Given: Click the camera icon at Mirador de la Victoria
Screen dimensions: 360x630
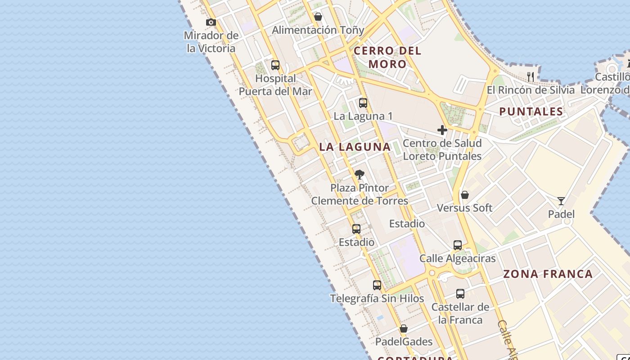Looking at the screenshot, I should click(x=211, y=22).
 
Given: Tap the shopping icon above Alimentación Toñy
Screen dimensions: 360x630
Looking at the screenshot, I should click(x=318, y=17).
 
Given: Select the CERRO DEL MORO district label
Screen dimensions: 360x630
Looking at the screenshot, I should click(x=387, y=57).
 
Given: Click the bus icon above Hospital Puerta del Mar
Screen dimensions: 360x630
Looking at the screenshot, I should click(x=275, y=65).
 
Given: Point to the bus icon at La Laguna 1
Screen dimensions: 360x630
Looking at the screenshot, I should click(x=363, y=103).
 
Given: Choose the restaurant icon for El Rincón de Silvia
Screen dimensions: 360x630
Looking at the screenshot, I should click(x=531, y=77).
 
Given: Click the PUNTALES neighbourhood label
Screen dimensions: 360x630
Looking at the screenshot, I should click(x=531, y=112).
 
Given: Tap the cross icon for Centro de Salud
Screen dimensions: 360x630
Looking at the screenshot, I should click(x=442, y=130).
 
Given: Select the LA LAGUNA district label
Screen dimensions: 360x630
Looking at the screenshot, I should click(x=355, y=147).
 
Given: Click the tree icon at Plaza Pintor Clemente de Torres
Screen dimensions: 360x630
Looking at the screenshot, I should click(x=359, y=175).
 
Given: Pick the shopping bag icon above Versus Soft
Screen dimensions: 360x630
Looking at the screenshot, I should click(x=465, y=195).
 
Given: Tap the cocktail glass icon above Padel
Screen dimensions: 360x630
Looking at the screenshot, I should click(x=561, y=201).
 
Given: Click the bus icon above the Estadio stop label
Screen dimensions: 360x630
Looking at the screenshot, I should click(x=356, y=229).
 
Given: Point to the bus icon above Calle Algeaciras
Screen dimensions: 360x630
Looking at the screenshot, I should click(x=458, y=245).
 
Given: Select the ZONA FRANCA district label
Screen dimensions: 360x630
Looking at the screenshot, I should click(x=548, y=274).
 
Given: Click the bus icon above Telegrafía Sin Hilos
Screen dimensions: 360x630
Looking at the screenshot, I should click(x=377, y=285).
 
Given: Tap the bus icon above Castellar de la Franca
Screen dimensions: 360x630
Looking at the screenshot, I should click(x=460, y=294).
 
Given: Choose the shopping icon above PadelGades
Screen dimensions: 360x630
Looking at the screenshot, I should click(x=404, y=328).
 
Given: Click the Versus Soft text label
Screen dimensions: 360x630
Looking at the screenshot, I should click(x=465, y=208).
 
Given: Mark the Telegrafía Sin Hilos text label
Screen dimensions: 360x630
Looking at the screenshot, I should click(x=377, y=298).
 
